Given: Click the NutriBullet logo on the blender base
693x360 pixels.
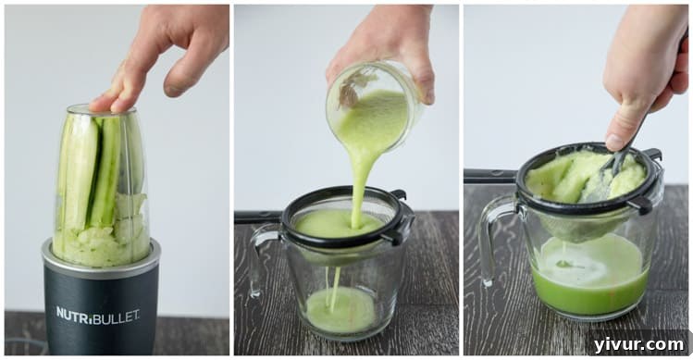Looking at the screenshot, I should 97,315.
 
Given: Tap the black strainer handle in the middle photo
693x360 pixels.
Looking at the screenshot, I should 258,217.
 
